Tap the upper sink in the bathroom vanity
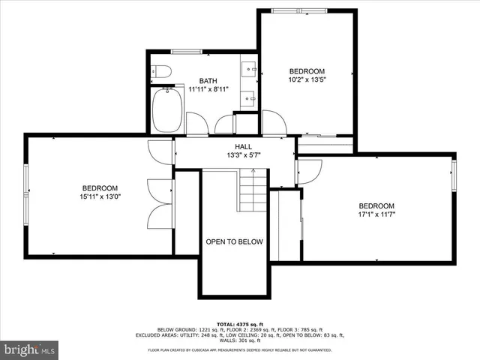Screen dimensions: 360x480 coord(249,70)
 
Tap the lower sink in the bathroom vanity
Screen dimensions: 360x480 coord(249,97)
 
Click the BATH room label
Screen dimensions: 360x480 coord(208,81)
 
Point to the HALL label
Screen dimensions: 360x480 coord(244,147)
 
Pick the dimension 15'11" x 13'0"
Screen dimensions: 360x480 coord(100,197)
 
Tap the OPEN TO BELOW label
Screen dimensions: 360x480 coord(235,242)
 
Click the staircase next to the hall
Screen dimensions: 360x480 coord(253,190)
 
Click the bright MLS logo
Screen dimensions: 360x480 coord(30,349)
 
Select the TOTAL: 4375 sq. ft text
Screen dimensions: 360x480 coord(239,323)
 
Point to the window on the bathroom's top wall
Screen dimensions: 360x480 coord(185,52)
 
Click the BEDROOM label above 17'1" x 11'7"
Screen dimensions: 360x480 coord(376,206)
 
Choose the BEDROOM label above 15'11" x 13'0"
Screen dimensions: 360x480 coord(100,187)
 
